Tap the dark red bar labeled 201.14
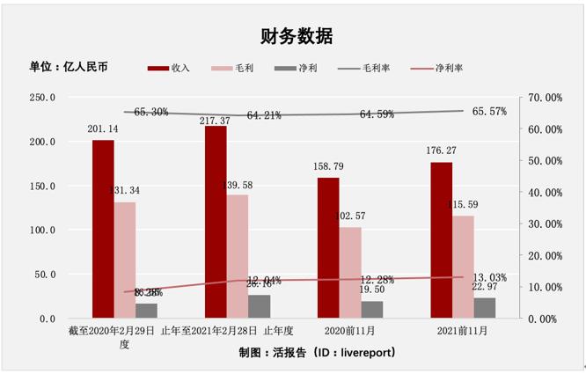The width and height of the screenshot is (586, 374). [x=103, y=229]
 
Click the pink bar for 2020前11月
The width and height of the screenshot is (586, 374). [x=350, y=273]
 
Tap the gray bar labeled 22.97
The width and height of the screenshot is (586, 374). [x=485, y=308]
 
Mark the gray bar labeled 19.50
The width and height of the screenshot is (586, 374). [x=372, y=310]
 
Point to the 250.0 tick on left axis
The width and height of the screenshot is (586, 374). [x=40, y=98]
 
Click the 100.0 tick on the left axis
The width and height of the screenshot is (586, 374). [x=40, y=230]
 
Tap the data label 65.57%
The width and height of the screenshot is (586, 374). [x=489, y=112]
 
